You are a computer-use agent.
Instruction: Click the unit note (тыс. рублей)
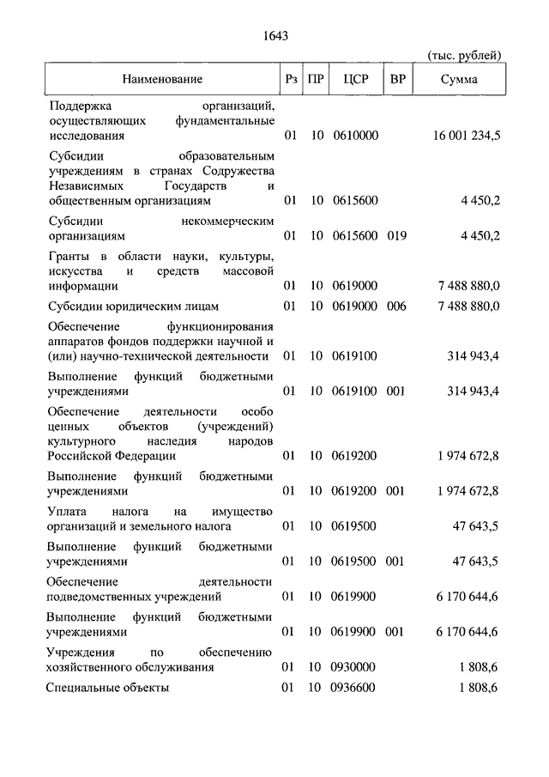(464, 56)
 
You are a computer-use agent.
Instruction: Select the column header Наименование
(162, 80)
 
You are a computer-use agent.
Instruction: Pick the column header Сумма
(460, 80)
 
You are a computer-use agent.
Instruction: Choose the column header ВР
(397, 80)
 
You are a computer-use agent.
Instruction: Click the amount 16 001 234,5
(468, 136)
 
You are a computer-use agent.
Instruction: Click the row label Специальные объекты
(108, 688)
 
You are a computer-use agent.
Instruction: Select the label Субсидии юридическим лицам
(134, 306)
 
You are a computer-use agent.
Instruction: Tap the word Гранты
(69, 257)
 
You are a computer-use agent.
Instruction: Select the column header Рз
(291, 80)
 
